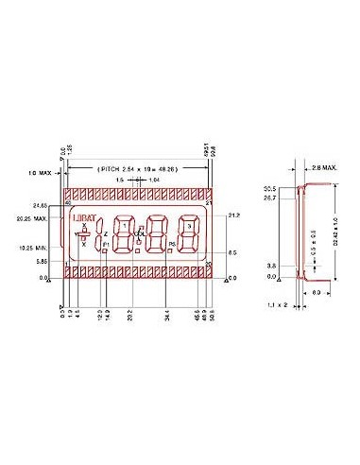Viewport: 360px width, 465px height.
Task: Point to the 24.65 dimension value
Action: click(40, 204)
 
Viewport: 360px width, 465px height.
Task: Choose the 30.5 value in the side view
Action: click(269, 189)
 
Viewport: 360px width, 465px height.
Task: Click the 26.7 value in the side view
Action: click(269, 198)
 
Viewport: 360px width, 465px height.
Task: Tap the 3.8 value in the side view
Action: click(271, 267)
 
